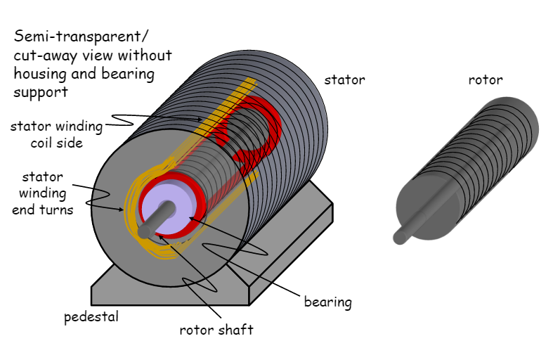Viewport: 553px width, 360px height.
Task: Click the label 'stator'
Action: click(344, 79)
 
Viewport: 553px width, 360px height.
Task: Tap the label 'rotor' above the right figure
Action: click(486, 79)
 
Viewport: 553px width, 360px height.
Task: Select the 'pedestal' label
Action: click(91, 316)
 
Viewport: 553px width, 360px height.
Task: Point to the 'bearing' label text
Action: click(327, 302)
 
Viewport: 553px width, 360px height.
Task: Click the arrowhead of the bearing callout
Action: click(189, 219)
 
